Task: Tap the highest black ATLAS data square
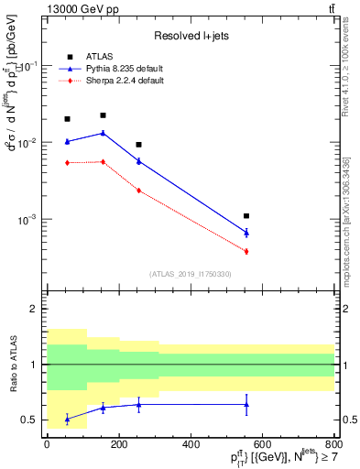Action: pos(103,115)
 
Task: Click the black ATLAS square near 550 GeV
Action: pos(246,216)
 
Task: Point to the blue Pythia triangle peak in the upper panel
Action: pos(103,133)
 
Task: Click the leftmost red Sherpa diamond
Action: pos(67,163)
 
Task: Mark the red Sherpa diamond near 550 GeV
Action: pos(246,251)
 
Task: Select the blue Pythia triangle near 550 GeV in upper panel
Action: pos(246,233)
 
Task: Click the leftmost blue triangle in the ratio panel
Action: pos(67,419)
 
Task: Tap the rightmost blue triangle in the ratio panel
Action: pos(246,404)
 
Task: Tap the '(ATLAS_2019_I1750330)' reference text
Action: pos(191,274)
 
